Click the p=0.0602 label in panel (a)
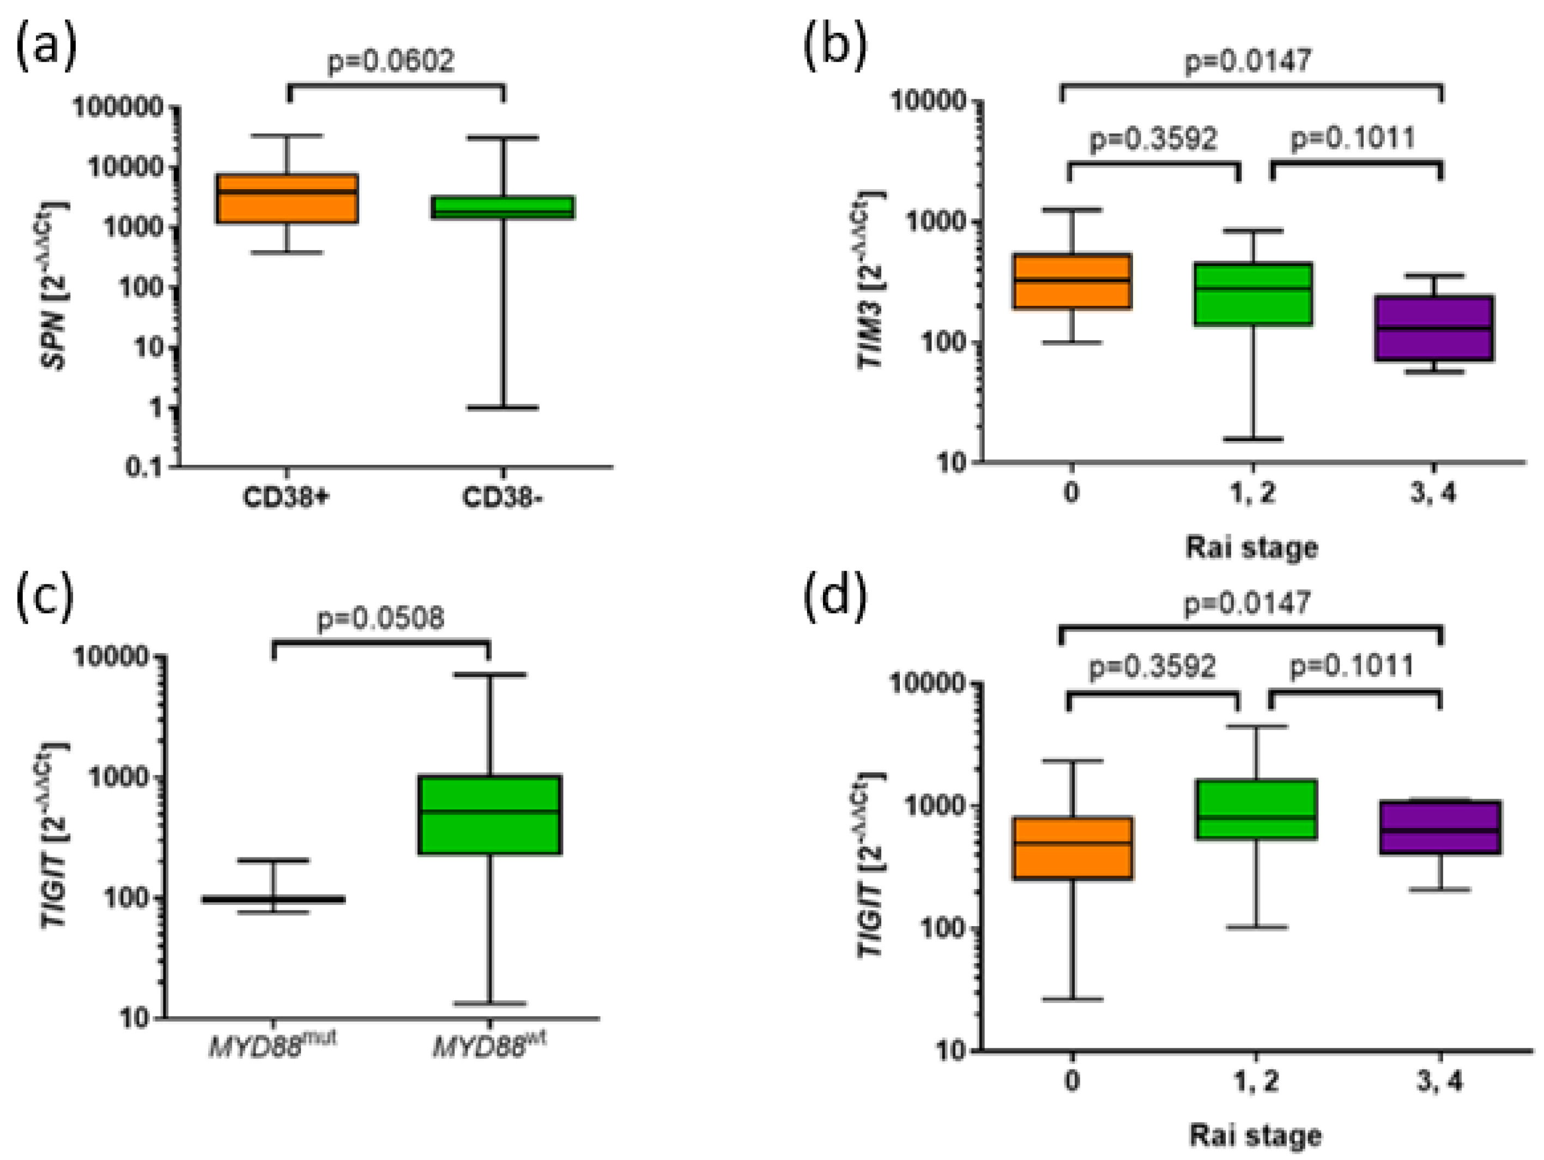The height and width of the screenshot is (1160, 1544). pos(391,61)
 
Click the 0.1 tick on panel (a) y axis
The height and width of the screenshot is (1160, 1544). pos(143,467)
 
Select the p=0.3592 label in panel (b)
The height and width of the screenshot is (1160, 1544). pos(1153,139)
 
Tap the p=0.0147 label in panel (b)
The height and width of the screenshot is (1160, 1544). pos(1248,61)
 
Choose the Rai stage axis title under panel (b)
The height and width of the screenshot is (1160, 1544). pos(1251,547)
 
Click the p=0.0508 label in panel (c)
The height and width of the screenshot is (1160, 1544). pos(380,618)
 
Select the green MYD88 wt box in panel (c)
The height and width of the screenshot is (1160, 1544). pos(492,814)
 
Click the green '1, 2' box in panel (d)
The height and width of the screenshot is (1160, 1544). pos(1256,809)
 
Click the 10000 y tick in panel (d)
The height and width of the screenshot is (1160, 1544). pos(925,684)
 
